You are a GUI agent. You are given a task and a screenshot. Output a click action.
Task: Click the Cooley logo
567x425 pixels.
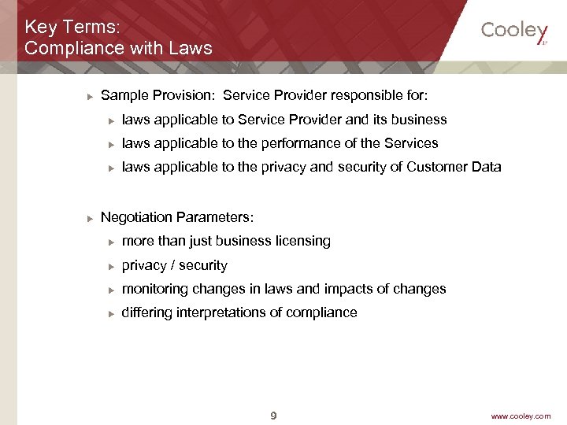coord(513,31)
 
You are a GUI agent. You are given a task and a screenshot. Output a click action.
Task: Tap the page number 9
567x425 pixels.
coord(273,416)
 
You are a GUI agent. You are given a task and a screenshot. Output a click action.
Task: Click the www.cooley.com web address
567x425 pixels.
coord(521,416)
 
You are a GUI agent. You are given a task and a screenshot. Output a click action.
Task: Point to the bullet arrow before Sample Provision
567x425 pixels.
coord(90,97)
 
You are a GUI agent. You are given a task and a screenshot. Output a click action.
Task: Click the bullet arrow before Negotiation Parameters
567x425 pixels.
coord(90,217)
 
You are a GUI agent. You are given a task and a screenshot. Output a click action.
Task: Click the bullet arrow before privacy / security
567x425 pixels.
coord(112,266)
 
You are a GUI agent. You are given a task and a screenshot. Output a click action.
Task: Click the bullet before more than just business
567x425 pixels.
coord(112,242)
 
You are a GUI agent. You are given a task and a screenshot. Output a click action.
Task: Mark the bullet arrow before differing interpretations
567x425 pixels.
coord(112,313)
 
